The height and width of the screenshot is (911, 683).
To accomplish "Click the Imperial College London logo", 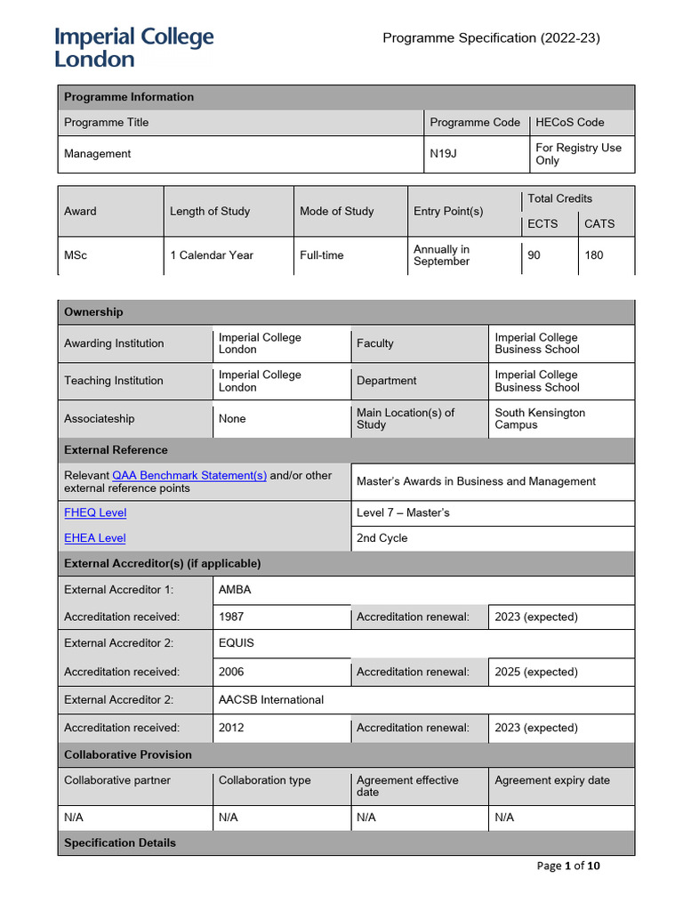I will [x=134, y=48].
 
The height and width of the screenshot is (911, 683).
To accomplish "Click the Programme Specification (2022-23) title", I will [x=492, y=37].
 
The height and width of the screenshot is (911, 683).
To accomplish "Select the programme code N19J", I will [x=443, y=154].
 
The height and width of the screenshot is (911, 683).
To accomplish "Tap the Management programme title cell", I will [x=98, y=154].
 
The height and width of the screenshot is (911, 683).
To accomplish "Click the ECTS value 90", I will [x=534, y=255].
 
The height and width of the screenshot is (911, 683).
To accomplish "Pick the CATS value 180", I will [x=593, y=255].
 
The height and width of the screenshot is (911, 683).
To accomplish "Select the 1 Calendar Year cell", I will [x=212, y=255].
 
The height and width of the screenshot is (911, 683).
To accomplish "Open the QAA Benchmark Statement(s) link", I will [x=189, y=475].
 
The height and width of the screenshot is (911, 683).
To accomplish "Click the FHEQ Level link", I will [x=95, y=512].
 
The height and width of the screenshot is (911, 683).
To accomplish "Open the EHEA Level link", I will [x=95, y=537].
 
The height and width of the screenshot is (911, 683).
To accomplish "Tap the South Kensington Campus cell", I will [x=540, y=419].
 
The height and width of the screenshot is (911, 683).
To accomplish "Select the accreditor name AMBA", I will [x=236, y=590].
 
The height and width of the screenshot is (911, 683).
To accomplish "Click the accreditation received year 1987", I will [x=231, y=617].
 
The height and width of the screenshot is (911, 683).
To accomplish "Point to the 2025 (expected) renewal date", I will [x=536, y=672].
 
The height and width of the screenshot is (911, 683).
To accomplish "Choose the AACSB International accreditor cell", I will [x=271, y=699].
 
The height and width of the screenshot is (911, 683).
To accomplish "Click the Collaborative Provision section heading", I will [x=128, y=754].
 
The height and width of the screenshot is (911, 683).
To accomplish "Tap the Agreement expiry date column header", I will [x=552, y=780].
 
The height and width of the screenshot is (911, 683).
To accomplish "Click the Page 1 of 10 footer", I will [x=569, y=866].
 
